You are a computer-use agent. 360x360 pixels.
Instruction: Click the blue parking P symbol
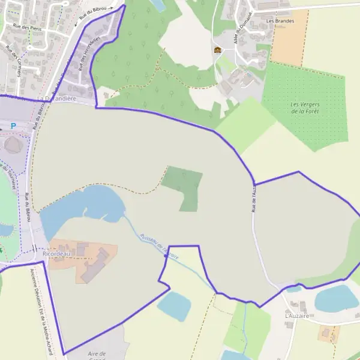[12, 126]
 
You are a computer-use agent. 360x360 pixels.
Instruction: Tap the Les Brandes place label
[280, 21]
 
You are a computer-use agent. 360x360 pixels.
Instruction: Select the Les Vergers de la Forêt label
[305, 108]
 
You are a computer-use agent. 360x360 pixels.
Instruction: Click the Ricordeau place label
[56, 254]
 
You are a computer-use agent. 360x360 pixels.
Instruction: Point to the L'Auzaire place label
[297, 315]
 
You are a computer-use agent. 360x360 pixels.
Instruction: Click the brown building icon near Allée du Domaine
[217, 50]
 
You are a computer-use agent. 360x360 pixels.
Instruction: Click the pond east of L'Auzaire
[337, 298]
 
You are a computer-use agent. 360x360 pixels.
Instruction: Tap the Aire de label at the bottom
[97, 354]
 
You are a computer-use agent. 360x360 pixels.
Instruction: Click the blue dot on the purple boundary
[166, 256]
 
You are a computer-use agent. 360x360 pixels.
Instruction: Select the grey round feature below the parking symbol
[12, 145]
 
